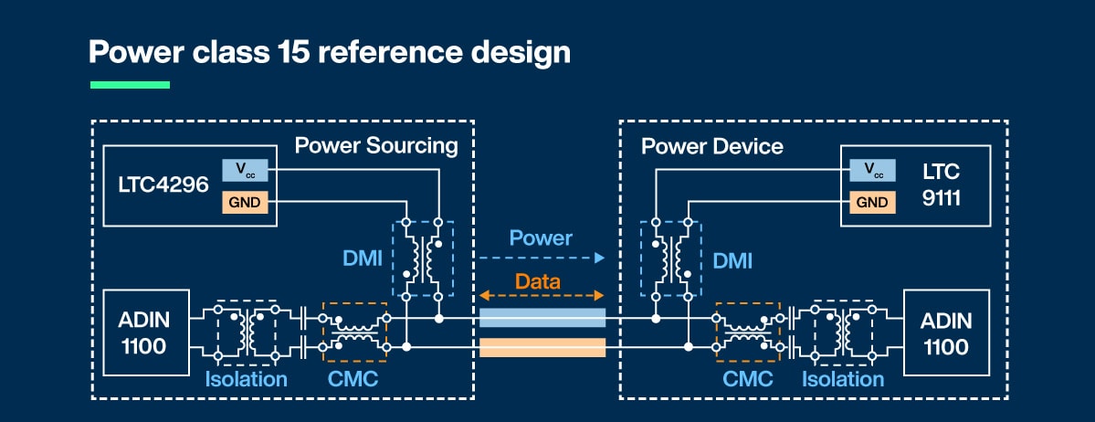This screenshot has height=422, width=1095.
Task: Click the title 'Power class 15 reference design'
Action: (329, 52)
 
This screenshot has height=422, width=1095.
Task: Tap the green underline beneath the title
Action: (130, 85)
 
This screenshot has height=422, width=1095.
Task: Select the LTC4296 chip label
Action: (163, 186)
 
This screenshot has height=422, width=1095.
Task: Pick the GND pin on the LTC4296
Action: (246, 202)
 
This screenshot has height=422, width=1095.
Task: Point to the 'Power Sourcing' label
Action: (375, 146)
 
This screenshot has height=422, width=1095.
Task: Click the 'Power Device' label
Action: (712, 146)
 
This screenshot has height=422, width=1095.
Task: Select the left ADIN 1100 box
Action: (146, 332)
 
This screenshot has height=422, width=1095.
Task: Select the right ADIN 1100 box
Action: (946, 332)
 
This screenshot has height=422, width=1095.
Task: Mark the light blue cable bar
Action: (542, 318)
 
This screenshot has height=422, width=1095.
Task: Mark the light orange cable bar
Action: (542, 347)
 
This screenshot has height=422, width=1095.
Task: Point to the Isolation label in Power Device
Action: (842, 378)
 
